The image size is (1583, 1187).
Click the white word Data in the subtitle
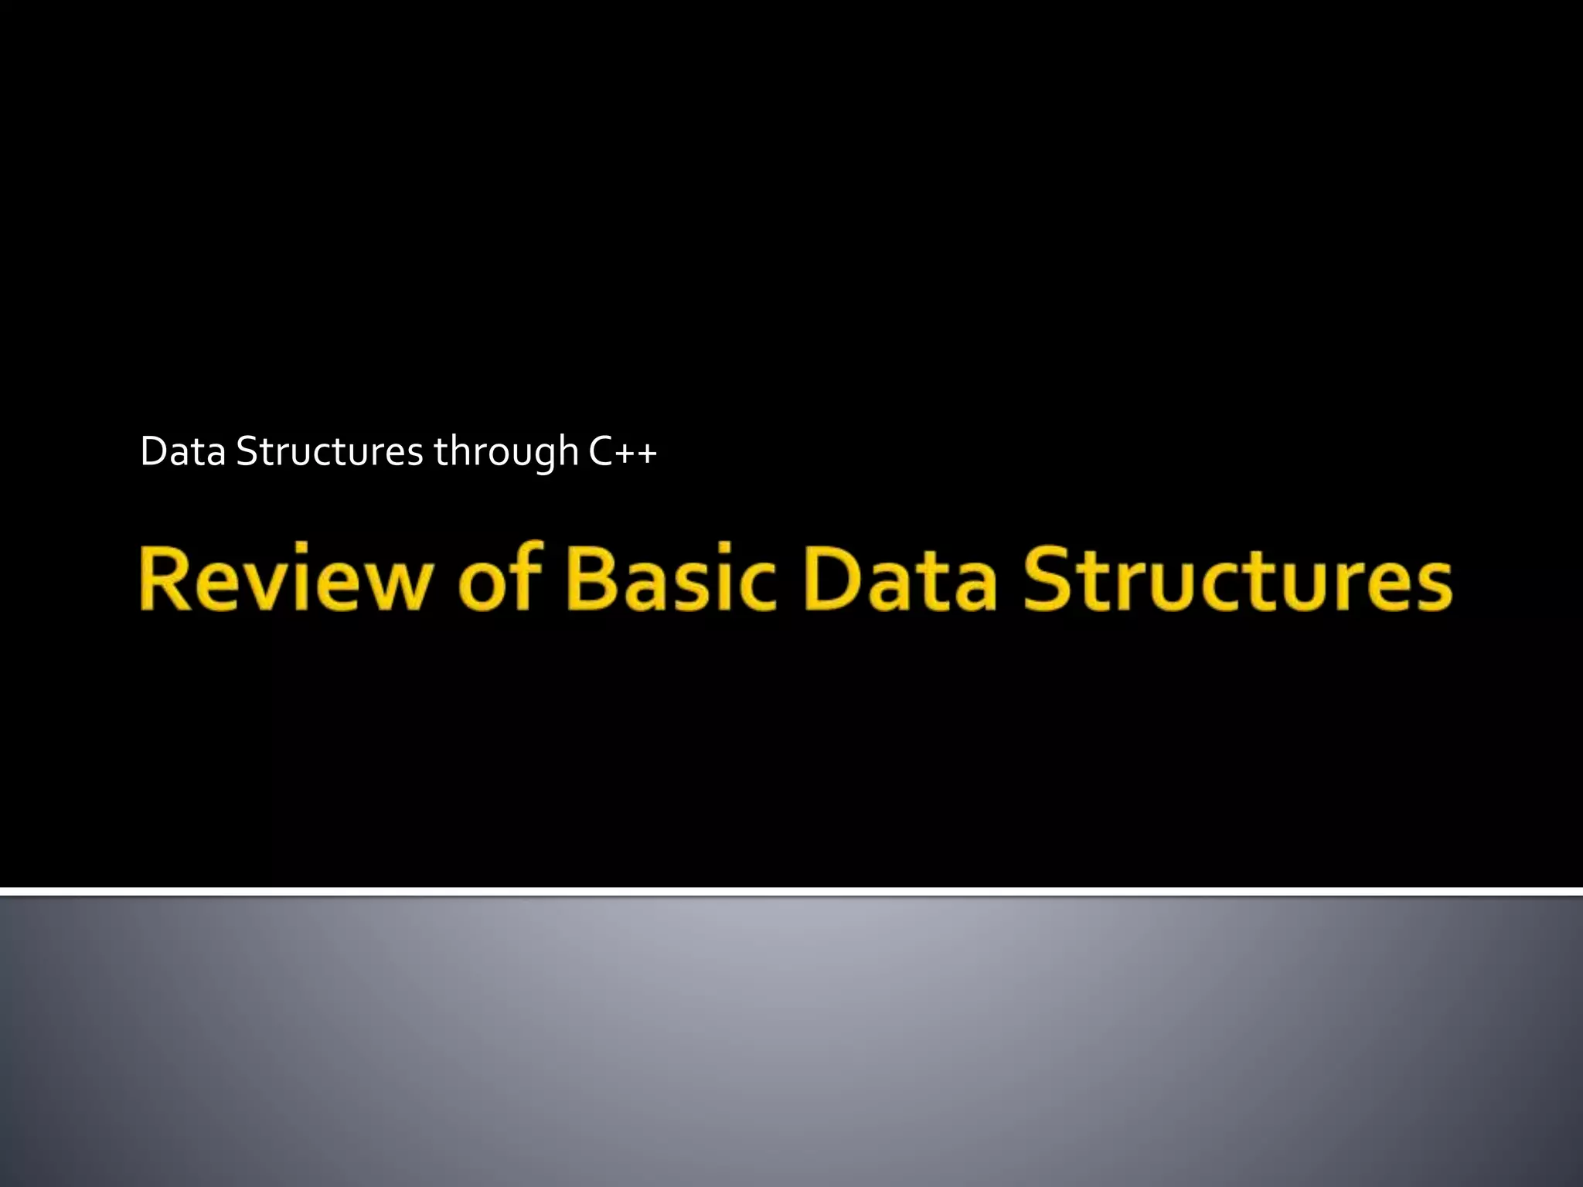(182, 451)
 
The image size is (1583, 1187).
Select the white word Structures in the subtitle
(329, 451)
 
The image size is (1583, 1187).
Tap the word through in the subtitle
(506, 453)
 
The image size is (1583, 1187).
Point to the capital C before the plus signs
(601, 451)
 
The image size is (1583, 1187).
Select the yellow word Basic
(671, 580)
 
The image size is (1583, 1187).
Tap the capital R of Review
(167, 578)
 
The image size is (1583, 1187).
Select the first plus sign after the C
(626, 453)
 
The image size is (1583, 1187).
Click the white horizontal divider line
(791, 892)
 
